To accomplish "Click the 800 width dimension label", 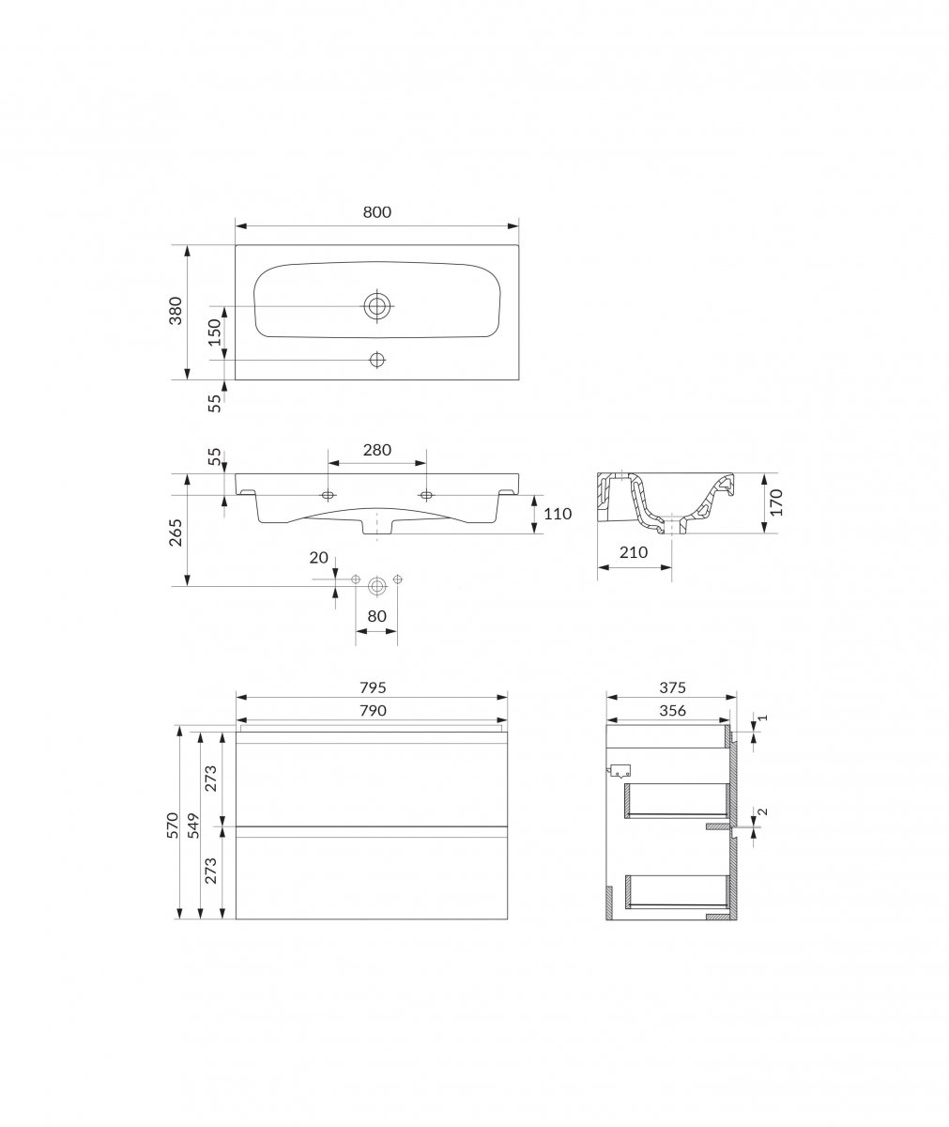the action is click(376, 212).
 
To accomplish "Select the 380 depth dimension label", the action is click(176, 311).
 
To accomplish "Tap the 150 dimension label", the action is click(215, 332).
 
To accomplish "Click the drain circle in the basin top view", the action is click(377, 306).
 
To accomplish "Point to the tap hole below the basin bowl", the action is click(377, 360).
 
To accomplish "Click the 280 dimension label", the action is click(376, 450).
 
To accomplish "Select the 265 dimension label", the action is click(176, 533).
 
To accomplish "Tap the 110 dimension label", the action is click(558, 514).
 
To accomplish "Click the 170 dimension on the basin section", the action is click(776, 502).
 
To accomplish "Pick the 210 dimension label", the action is click(634, 552).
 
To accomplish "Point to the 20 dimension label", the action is click(319, 558).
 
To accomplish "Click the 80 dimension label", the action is click(376, 616).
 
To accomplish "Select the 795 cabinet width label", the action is click(373, 687).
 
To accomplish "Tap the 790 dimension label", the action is click(373, 710).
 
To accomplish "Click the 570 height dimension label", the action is click(172, 825).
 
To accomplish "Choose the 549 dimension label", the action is click(193, 825).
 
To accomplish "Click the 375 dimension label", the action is click(672, 687).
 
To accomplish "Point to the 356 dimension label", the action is click(672, 710).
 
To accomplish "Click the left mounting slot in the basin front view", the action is click(328, 495).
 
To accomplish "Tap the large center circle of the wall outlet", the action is click(376, 586).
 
